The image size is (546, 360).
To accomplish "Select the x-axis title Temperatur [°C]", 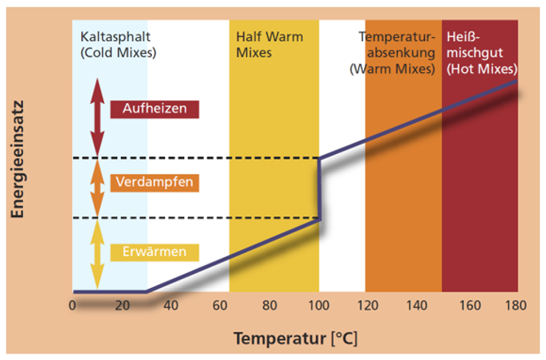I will pyautogui.click(x=295, y=339).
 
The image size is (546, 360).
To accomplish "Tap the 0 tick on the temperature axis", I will pyautogui.click(x=72, y=306).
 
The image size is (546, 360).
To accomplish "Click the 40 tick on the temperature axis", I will pyautogui.click(x=171, y=306).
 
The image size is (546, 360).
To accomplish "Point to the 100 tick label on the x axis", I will pyautogui.click(x=318, y=306).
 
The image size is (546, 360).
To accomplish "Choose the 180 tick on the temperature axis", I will pyautogui.click(x=516, y=306).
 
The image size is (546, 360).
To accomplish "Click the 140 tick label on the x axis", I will pyautogui.click(x=417, y=306).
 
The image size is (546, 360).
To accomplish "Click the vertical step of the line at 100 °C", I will pyautogui.click(x=319, y=188).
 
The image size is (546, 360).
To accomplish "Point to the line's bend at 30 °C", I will pyautogui.click(x=146, y=292).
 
